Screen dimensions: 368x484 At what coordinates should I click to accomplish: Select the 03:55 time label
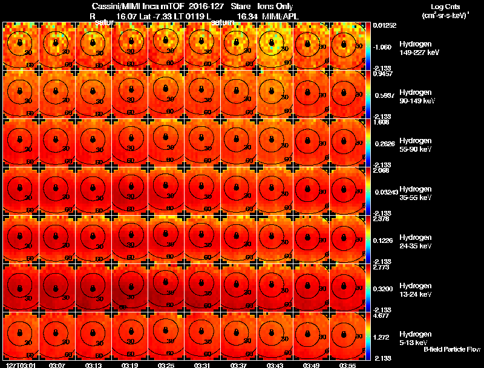pyautogui.click(x=347, y=364)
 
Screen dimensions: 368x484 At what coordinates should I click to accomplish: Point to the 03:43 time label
pyautogui.click(x=275, y=364)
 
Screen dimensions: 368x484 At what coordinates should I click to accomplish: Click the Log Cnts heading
pyautogui.click(x=439, y=6)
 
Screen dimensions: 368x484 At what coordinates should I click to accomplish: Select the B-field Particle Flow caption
pyautogui.click(x=451, y=349)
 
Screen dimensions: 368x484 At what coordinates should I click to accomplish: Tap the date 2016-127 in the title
pyautogui.click(x=201, y=6)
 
